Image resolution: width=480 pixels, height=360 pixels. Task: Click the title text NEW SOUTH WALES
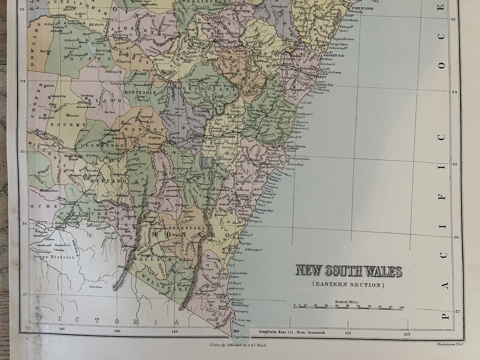click(348, 271)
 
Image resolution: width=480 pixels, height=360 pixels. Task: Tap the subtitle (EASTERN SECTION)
click(348, 284)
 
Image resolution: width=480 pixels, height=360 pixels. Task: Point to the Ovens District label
click(56, 257)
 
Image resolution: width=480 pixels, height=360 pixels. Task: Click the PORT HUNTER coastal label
click(362, 8)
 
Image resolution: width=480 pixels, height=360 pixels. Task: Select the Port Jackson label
click(330, 72)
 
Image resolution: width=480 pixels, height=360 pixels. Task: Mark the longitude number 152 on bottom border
click(347, 332)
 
